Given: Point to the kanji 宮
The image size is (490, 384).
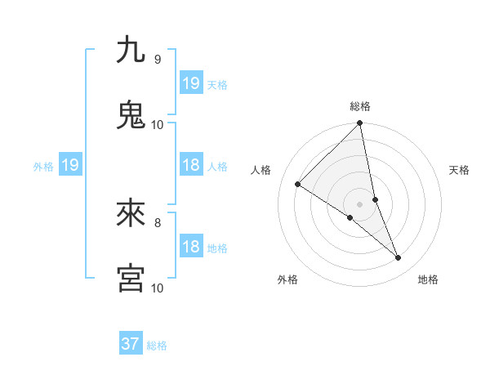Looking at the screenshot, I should click(x=131, y=278).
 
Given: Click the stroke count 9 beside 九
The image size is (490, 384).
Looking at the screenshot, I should click(x=157, y=60).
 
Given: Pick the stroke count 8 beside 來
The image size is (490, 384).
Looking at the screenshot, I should click(x=157, y=222).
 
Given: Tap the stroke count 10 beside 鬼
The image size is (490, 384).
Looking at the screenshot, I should click(x=157, y=125).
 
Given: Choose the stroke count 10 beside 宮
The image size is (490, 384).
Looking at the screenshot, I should click(x=157, y=288).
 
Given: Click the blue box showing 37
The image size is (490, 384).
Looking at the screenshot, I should click(x=131, y=344).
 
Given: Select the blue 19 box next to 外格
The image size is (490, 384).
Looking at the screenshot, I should click(x=69, y=166).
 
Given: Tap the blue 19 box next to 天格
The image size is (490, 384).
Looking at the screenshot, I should click(x=191, y=83).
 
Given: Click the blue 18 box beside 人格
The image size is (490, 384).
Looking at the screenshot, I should click(x=191, y=166).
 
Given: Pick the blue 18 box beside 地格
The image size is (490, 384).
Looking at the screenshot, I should click(x=191, y=247).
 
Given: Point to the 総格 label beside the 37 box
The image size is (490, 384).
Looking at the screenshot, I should click(x=157, y=346).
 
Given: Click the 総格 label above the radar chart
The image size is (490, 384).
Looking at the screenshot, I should click(x=360, y=106).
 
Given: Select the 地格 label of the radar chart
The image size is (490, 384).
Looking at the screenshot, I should click(x=428, y=280).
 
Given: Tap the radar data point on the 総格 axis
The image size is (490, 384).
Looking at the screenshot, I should click(x=360, y=124).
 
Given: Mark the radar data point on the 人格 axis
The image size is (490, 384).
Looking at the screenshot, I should click(x=298, y=185).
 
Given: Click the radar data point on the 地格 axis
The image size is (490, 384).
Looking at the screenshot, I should click(x=399, y=258).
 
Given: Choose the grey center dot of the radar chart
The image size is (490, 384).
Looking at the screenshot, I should click(x=360, y=203).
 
